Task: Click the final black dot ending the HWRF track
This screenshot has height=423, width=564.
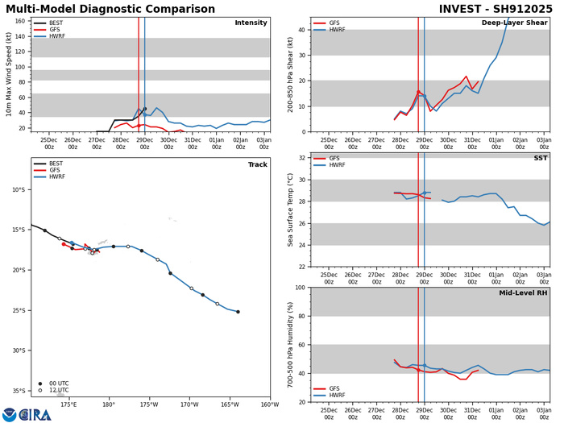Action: (x=238, y=312)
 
